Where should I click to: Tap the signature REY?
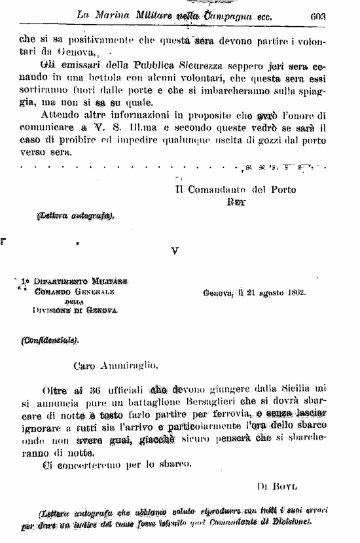[236, 202]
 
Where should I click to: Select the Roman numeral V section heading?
[175, 250]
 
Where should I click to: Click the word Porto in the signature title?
[283, 190]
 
